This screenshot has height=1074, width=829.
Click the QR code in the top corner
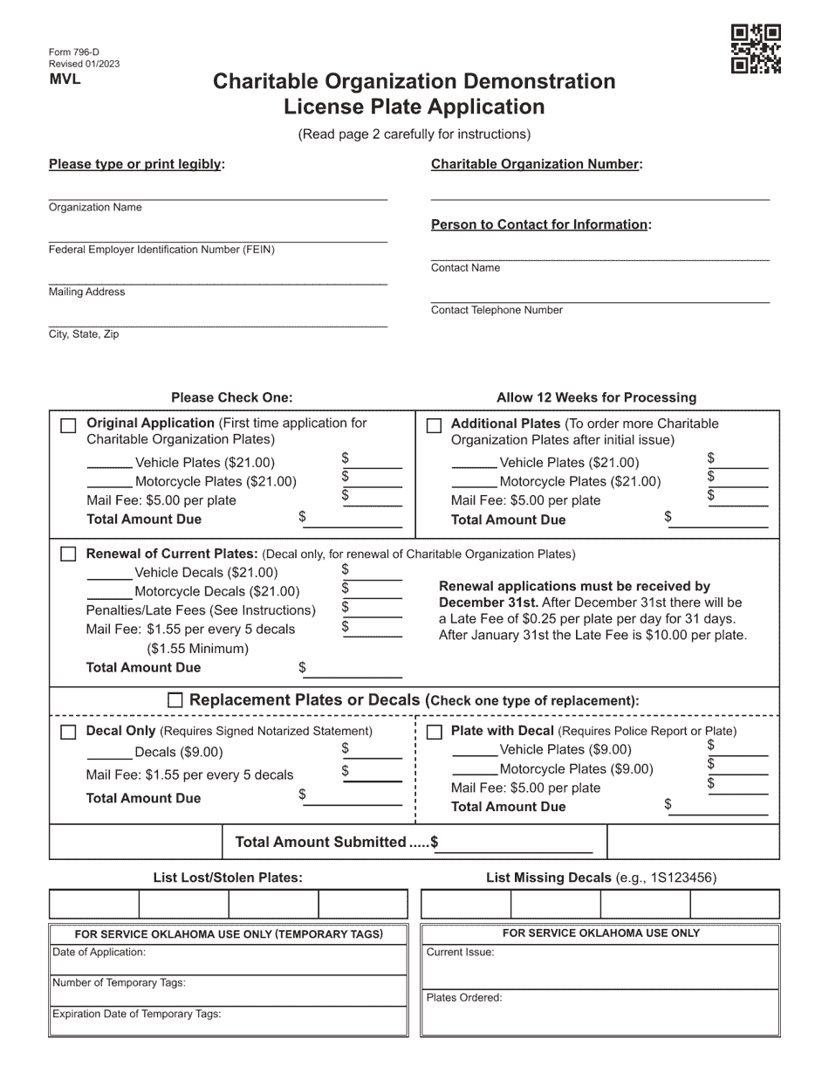[755, 49]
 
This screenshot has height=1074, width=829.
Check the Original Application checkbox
[68, 425]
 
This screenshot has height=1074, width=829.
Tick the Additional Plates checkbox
[434, 426]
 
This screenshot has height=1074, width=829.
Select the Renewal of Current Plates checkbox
[68, 554]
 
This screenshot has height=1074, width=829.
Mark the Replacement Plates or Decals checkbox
[175, 700]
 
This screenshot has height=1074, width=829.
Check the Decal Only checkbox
[68, 732]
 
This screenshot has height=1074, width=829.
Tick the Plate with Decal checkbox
[434, 732]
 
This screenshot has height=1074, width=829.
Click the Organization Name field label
[95, 208]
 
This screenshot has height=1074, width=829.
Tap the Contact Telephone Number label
[497, 310]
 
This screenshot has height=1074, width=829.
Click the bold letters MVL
[65, 79]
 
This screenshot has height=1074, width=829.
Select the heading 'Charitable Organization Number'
[536, 164]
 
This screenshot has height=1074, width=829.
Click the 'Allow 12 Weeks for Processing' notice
[596, 398]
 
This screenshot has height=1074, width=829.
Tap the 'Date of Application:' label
[99, 953]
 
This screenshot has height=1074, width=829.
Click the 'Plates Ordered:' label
[464, 997]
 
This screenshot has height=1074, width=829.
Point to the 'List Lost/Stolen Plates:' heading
[228, 878]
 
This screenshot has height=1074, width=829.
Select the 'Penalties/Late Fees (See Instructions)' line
[201, 609]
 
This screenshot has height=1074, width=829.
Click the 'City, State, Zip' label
[84, 334]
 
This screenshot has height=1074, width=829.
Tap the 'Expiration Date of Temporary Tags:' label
[137, 1014]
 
